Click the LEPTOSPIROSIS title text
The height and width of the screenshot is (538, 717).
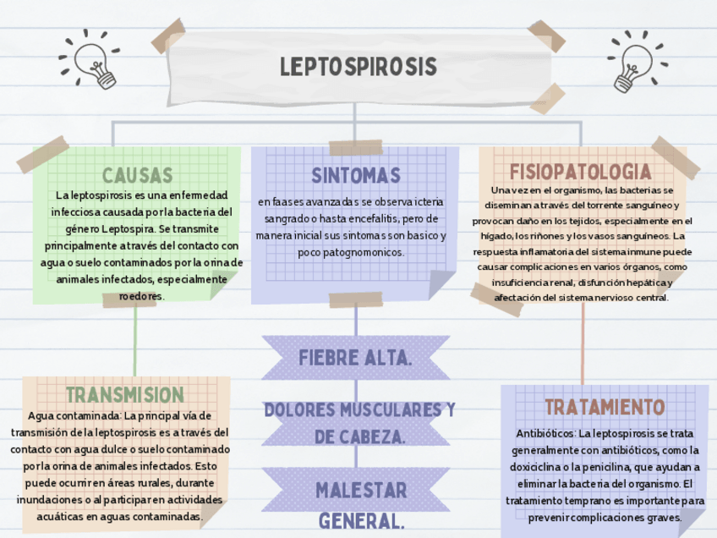pos(358,67)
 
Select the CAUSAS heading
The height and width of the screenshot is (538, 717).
pos(137,176)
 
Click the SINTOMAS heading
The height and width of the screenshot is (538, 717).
pos(356,176)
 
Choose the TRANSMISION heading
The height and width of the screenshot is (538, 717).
pos(124,395)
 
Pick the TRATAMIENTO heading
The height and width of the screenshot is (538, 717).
pos(605,407)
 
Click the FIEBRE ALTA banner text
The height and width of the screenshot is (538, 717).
pos(355,358)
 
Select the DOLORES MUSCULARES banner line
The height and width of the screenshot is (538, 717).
pos(359,410)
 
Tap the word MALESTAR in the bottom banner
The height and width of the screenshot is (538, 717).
pos(361,491)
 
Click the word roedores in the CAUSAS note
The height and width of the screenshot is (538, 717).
pos(141,296)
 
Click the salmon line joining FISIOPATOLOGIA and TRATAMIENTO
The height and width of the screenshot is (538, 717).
pos(583,343)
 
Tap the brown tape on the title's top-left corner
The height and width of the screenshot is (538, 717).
pos(168,35)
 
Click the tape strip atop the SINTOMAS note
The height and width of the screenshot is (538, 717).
pos(356,148)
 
